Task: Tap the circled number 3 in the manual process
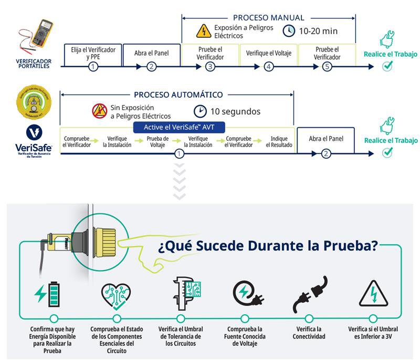pyautogui.click(x=210, y=67)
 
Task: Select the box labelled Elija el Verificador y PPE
pyautogui.click(x=93, y=53)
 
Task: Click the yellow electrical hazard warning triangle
pyautogui.click(x=203, y=31)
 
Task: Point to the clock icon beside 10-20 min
pyautogui.click(x=289, y=31)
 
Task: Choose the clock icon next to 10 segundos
pyautogui.click(x=200, y=111)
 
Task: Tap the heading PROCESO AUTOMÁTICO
pyautogui.click(x=178, y=95)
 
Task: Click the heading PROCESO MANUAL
pyautogui.click(x=268, y=18)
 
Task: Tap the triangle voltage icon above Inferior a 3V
pyautogui.click(x=373, y=294)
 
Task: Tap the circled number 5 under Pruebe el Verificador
pyautogui.click(x=327, y=67)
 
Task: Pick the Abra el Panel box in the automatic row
pyautogui.click(x=326, y=140)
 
